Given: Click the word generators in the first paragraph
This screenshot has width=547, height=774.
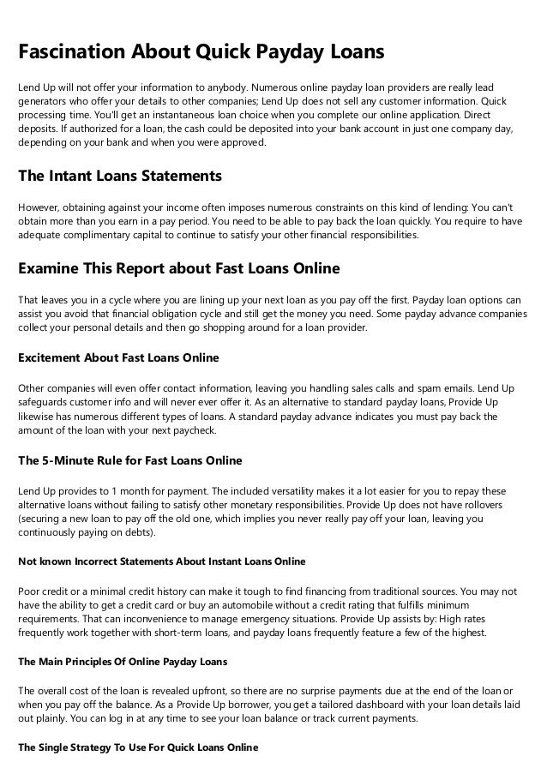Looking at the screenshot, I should (x=45, y=102).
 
